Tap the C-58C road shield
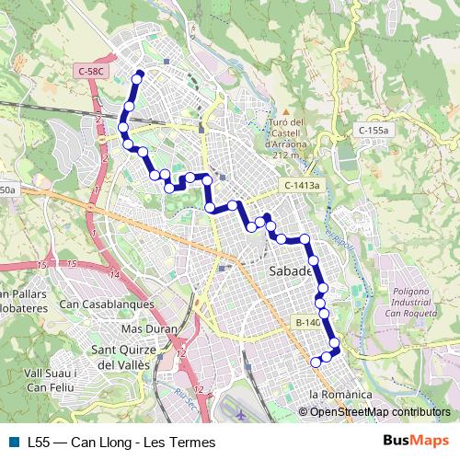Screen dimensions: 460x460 click(x=93, y=70)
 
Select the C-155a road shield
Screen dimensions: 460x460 click(x=373, y=132)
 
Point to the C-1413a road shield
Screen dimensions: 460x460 click(x=302, y=186)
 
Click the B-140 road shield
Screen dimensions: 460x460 click(x=307, y=323)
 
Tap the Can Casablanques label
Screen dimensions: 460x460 click(x=106, y=305)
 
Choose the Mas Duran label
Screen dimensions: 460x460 click(x=148, y=328)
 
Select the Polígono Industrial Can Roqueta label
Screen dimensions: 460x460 click(x=405, y=302)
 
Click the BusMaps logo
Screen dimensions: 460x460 click(x=415, y=441)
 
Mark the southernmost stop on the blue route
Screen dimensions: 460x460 click(x=316, y=362)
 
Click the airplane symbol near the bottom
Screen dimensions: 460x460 click(x=240, y=415)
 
